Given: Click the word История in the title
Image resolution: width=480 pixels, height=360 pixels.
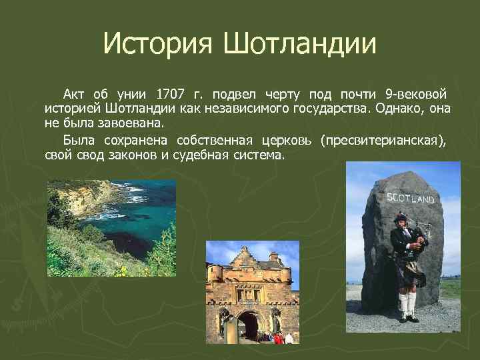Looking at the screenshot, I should coord(157,45).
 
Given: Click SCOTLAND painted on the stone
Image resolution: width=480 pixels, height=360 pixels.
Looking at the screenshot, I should coord(410,198).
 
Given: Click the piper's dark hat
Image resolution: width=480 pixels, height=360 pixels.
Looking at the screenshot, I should coord(400,217).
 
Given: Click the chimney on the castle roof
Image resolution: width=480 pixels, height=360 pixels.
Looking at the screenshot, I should coord(273,256).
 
